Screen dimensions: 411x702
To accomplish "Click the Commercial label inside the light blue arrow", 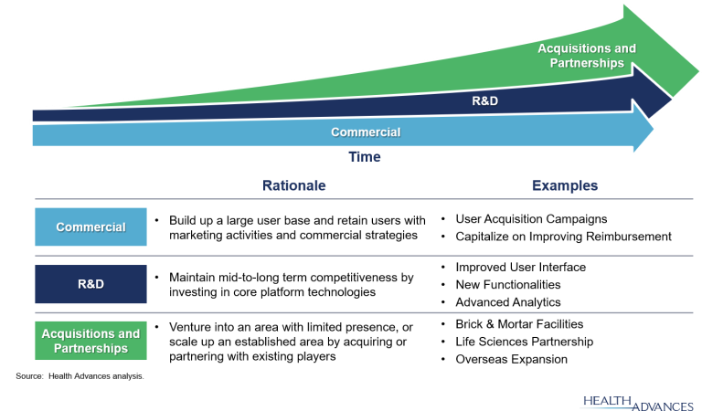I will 366,132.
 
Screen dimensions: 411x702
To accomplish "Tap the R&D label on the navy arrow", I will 484,100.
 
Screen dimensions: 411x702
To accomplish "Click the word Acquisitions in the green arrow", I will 587,48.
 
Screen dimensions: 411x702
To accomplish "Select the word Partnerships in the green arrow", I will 587,63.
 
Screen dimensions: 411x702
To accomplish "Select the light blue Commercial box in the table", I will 90,227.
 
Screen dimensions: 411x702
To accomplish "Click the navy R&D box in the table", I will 90,284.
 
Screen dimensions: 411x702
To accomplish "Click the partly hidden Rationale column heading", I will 294,185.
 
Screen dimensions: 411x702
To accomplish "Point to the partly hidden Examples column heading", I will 563,186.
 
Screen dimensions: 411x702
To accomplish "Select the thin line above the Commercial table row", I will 366,199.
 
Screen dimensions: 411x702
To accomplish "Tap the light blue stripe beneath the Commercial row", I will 420,251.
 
